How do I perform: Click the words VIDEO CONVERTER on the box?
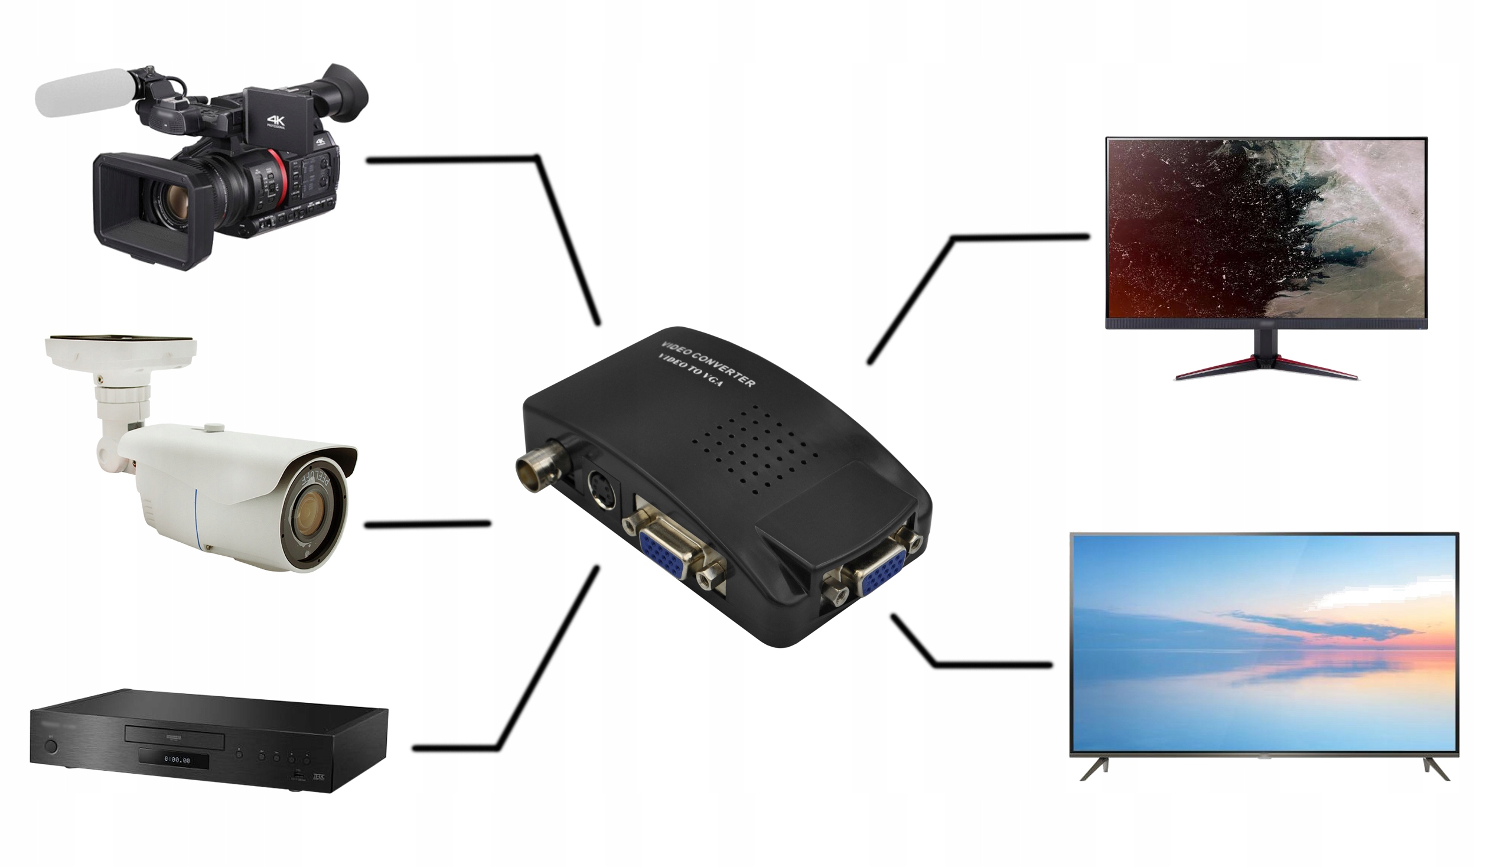709,364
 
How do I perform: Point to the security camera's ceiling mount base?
120,351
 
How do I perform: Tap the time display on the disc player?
177,761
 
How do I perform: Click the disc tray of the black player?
174,740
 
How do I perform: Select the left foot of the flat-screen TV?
1094,768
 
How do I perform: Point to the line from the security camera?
427,524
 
